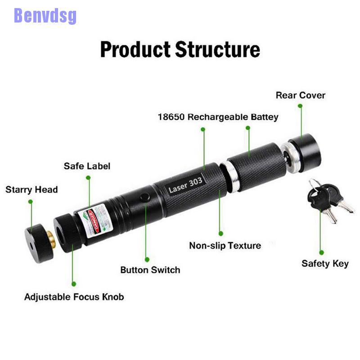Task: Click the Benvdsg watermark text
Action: [45, 16]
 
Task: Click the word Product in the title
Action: [135, 49]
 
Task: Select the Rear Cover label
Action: [300, 95]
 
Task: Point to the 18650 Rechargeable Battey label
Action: [218, 117]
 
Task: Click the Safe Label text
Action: [87, 166]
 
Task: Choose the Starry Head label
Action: [31, 189]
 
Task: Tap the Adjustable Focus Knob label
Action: [74, 297]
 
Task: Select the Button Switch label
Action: [150, 270]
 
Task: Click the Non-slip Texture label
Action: [225, 246]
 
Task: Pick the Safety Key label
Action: [325, 263]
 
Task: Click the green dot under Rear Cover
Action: [300, 106]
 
